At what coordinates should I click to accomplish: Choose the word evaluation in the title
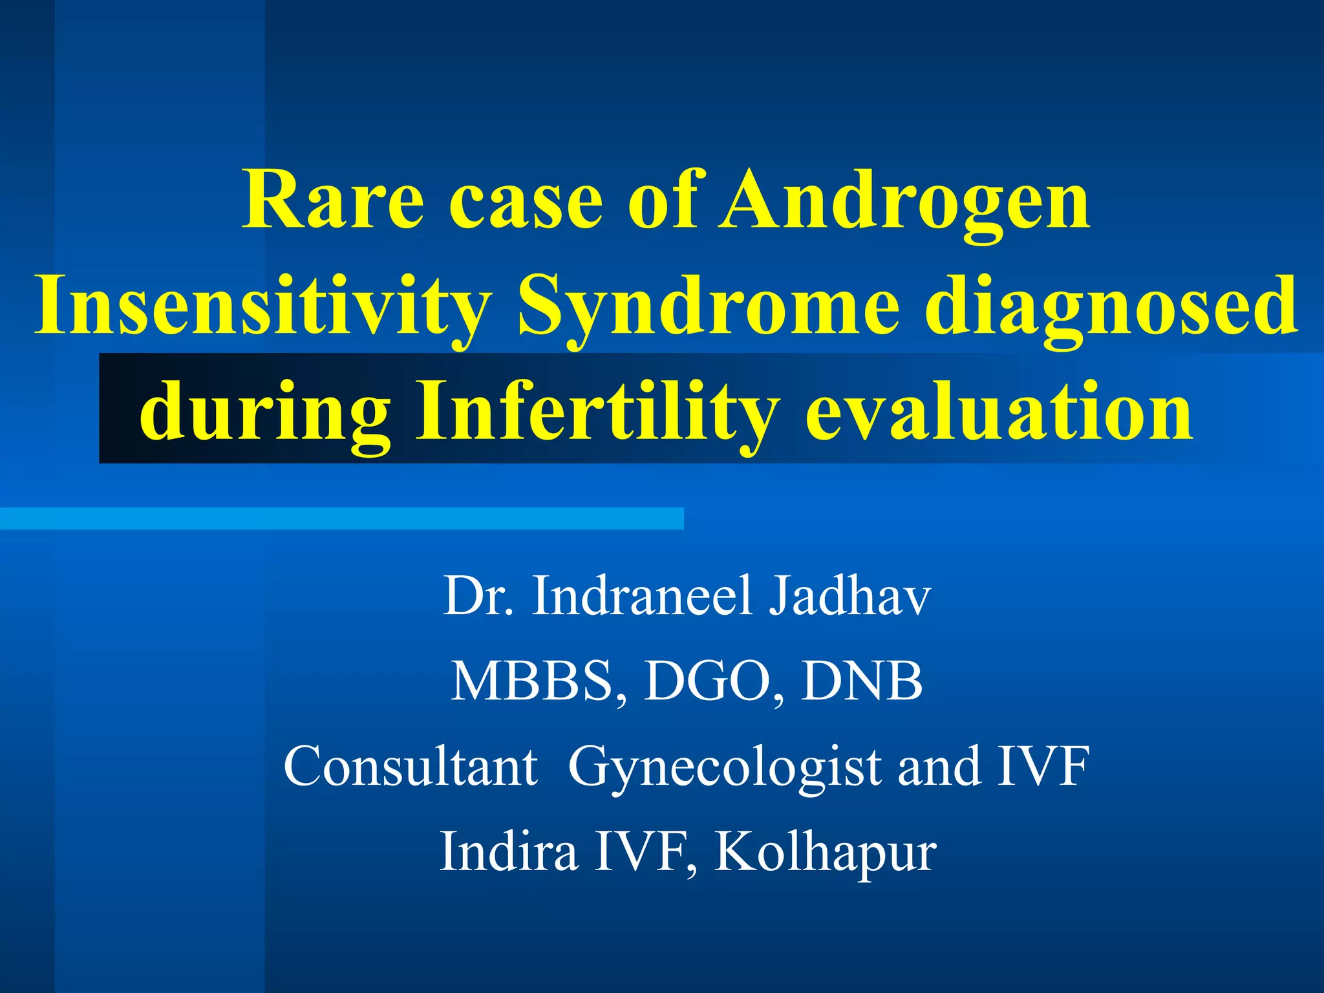coord(998,411)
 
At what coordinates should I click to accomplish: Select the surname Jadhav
coord(849,595)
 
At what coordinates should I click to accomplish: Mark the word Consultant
coord(411,766)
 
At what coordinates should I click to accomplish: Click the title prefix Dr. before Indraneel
coord(478,595)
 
